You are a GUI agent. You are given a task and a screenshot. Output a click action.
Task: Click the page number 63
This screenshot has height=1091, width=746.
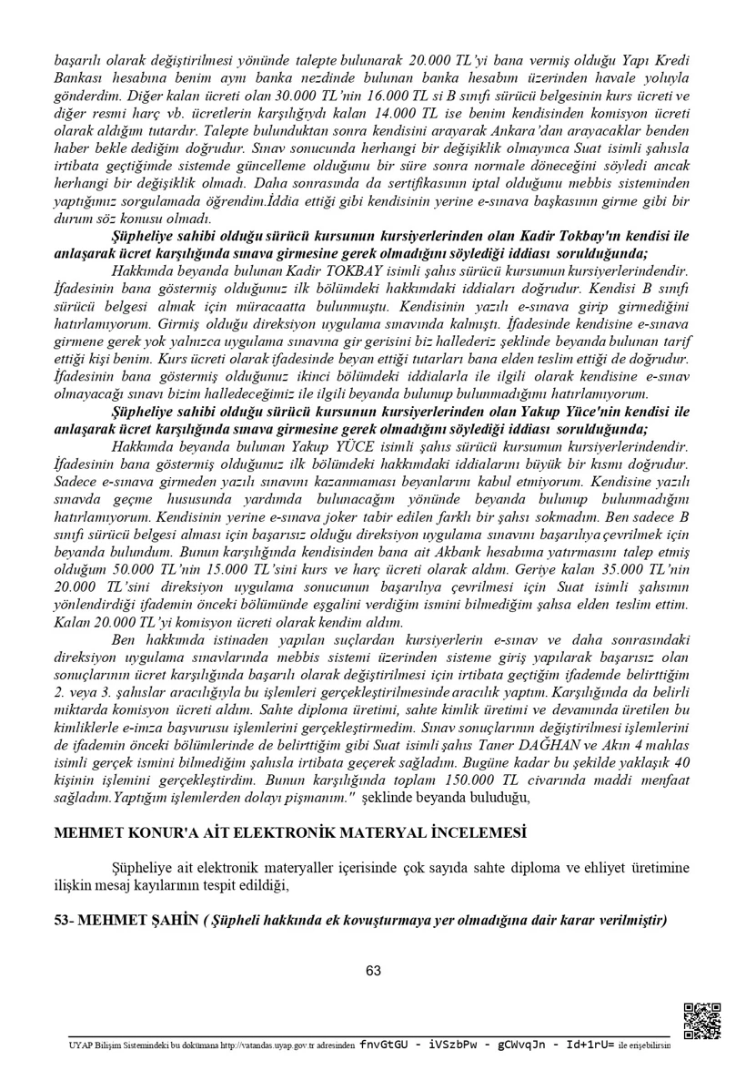point(373,971)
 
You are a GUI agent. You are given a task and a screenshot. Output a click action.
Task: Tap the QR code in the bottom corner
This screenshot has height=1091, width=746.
point(702,1021)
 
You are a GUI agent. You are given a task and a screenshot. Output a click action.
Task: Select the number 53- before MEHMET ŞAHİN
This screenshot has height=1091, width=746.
point(64,921)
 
